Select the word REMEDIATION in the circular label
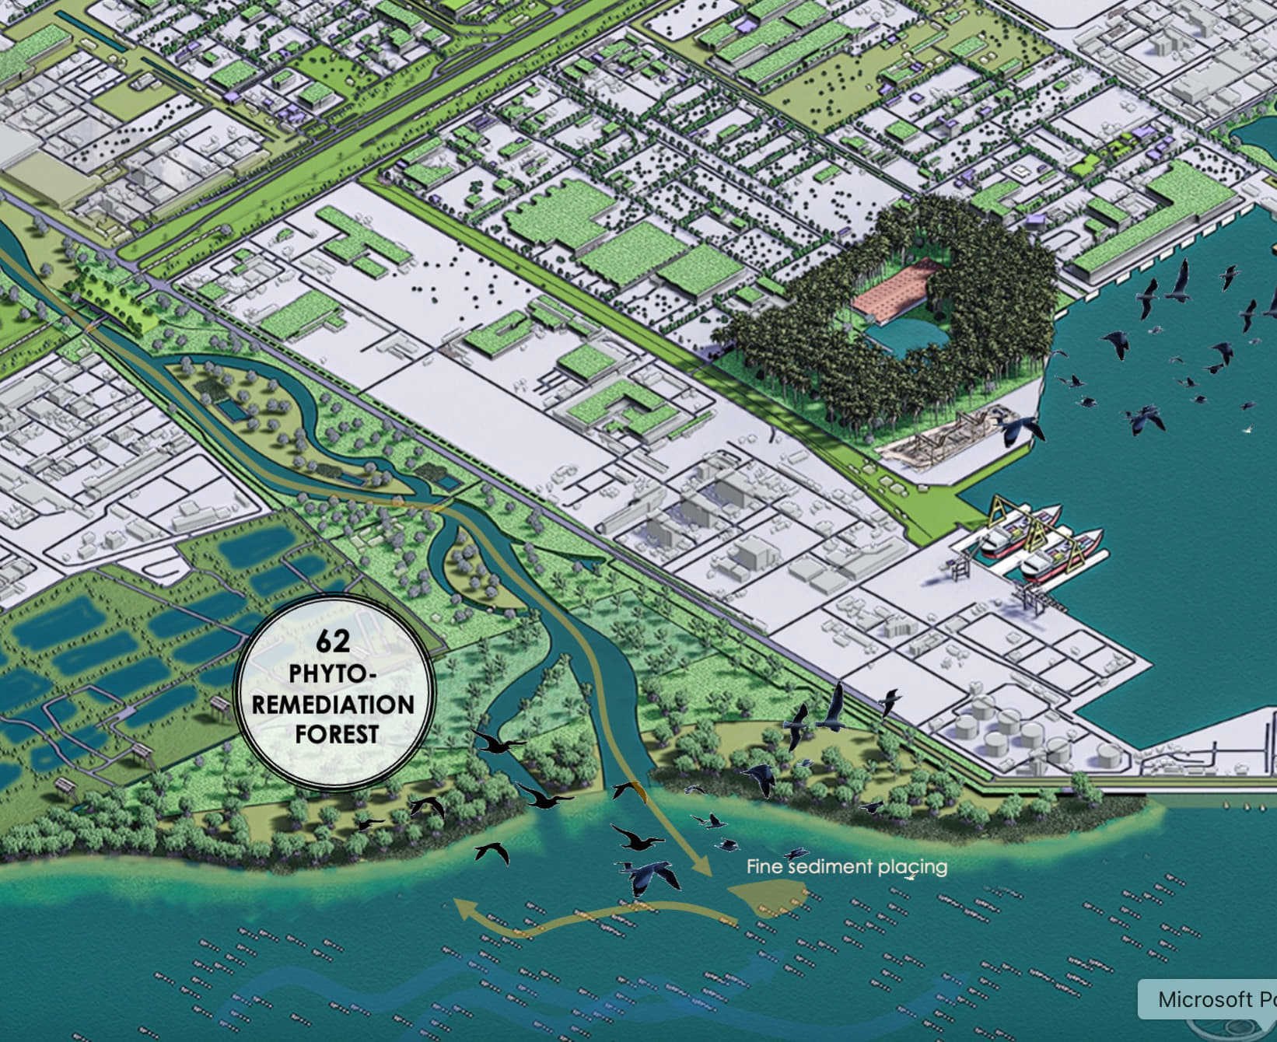pos(334,705)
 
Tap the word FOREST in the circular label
pos(337,734)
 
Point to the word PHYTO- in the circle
pos(327,674)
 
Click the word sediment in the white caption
pos(833,866)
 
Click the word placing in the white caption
pos(913,866)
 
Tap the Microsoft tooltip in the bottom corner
pos(1209,999)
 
